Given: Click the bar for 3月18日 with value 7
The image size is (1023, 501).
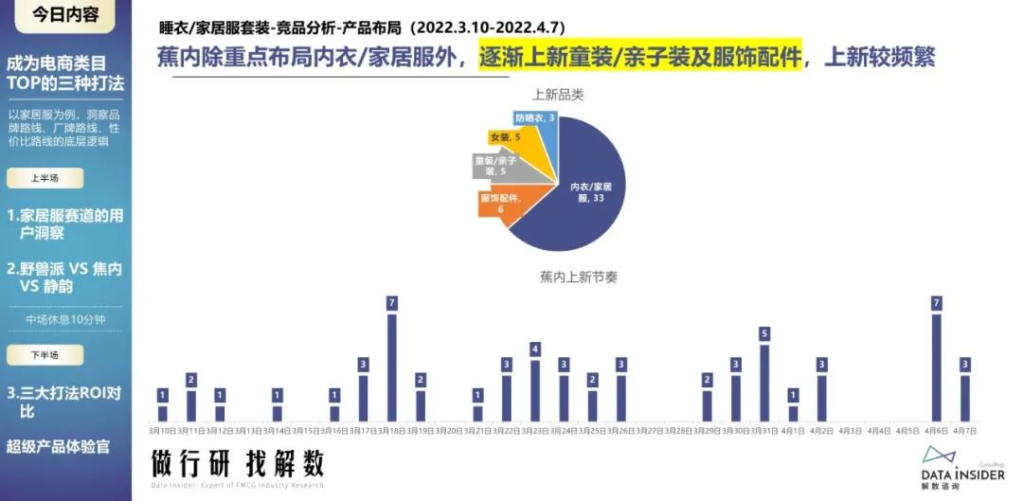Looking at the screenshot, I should (392, 367).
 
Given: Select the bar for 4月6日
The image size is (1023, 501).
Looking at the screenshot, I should (936, 367).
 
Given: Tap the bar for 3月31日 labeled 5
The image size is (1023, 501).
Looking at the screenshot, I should (764, 383).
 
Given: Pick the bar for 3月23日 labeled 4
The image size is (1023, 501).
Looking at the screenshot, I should (535, 390).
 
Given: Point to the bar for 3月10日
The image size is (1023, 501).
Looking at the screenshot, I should (162, 413).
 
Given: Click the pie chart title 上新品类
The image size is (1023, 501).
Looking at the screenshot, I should (558, 95).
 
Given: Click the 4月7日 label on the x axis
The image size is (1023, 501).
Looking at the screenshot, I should (964, 431).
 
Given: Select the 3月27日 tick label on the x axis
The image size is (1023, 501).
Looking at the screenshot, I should (650, 431).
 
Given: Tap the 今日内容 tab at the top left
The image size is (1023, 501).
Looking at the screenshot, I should (65, 15).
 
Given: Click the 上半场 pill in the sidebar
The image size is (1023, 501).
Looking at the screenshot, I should (45, 177).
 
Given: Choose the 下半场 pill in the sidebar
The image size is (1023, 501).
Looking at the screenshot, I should (45, 355).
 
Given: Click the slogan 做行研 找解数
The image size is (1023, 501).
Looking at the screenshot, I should (238, 463).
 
